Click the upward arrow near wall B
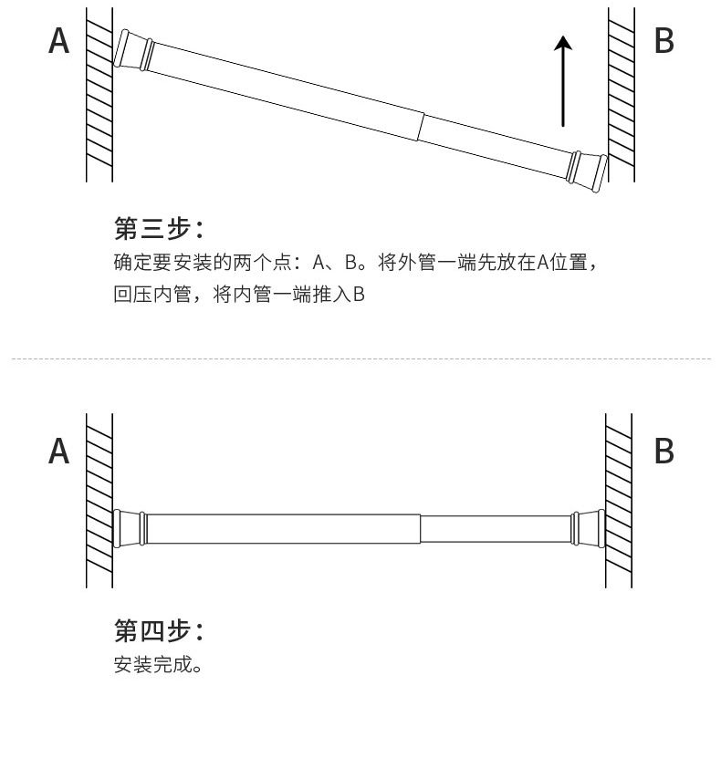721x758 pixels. point(564,81)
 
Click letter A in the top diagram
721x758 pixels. point(59,41)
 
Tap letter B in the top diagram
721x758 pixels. point(664,41)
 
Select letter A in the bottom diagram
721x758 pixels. point(59,451)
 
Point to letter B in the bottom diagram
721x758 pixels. point(664,451)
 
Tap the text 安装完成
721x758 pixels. point(158,664)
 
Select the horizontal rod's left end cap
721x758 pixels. point(130,528)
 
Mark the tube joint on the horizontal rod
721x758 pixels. point(421,528)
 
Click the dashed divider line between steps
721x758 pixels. point(360,359)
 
